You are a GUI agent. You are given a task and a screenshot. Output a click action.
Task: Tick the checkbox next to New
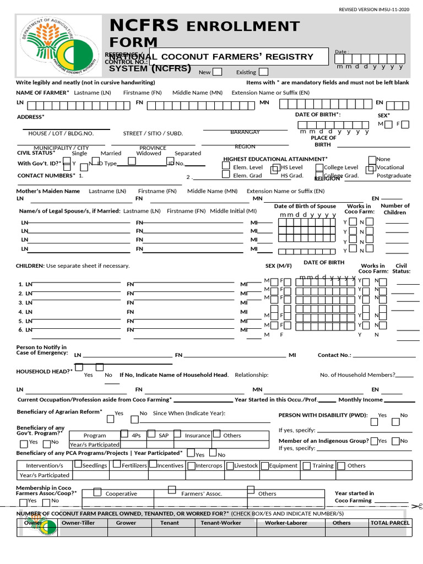point(217,72)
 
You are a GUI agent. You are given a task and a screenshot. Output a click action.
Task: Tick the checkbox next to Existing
point(263,72)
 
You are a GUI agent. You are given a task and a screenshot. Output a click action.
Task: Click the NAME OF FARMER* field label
point(42,93)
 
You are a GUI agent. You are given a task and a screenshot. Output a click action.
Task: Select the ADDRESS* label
point(30,117)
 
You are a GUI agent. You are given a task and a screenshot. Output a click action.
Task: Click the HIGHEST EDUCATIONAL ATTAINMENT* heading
point(275,159)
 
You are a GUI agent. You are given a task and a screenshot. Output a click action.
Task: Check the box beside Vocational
point(371,168)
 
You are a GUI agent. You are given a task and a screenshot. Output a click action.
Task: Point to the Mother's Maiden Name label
point(48,191)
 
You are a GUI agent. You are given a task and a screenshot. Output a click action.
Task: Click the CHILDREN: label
point(30,265)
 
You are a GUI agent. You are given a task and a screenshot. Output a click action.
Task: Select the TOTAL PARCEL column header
point(390,523)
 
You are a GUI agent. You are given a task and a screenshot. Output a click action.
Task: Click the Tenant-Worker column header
point(221,523)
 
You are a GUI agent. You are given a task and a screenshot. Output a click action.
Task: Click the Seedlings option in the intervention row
point(94,465)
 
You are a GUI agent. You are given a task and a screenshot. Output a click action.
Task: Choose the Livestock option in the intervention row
point(246,465)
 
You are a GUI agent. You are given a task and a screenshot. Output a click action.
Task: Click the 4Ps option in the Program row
point(136,435)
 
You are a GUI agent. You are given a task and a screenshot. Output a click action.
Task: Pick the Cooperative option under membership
point(121,493)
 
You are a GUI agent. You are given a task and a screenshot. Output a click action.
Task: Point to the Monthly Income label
point(360,400)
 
